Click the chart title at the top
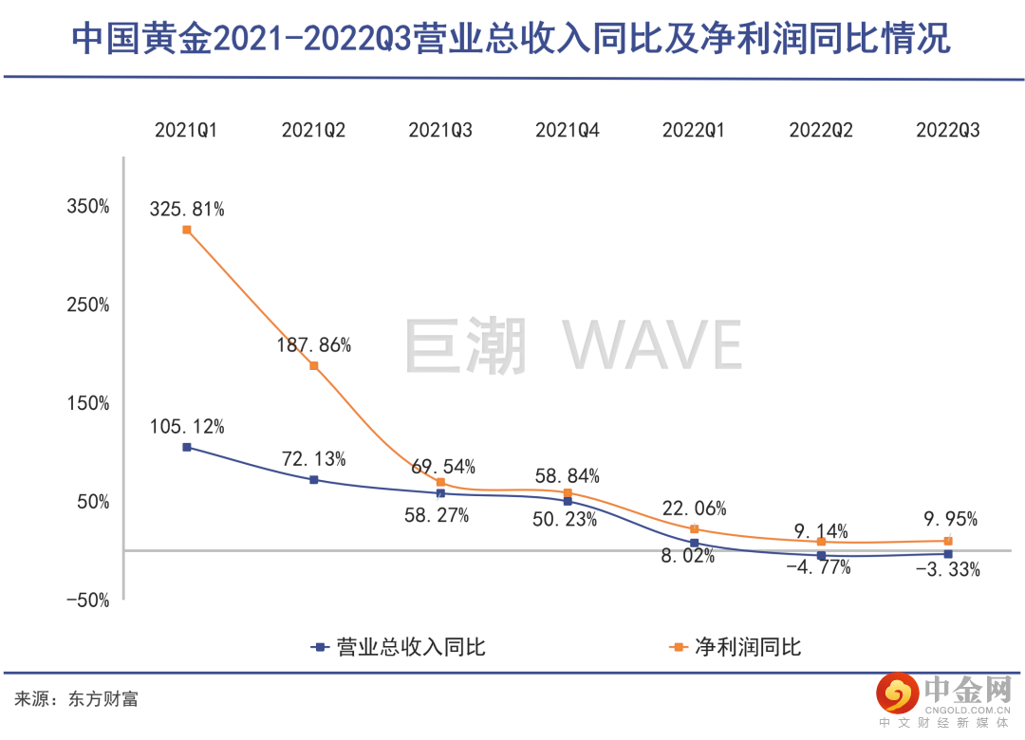pyautogui.click(x=512, y=39)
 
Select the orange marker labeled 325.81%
pyautogui.click(x=187, y=230)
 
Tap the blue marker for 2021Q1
pyautogui.click(x=187, y=447)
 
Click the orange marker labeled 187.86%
pyautogui.click(x=314, y=366)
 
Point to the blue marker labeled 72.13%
pyautogui.click(x=314, y=480)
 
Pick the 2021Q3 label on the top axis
pyautogui.click(x=440, y=131)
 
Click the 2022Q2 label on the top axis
pyautogui.click(x=821, y=131)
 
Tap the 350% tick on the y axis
pyautogui.click(x=88, y=207)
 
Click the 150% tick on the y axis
pyautogui.click(x=88, y=403)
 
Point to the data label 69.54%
pyautogui.click(x=443, y=467)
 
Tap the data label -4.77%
pyautogui.click(x=818, y=568)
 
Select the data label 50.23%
pyautogui.click(x=566, y=519)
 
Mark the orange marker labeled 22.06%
pyautogui.click(x=695, y=529)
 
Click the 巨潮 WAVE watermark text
pyautogui.click(x=573, y=346)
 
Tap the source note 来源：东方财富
pyautogui.click(x=77, y=699)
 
